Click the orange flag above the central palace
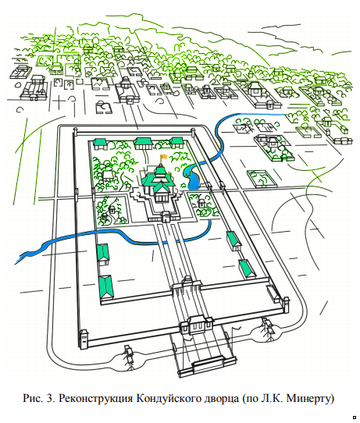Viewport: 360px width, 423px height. (x=164, y=156)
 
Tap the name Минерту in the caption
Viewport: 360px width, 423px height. (x=310, y=399)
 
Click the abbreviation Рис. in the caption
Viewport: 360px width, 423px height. (x=33, y=399)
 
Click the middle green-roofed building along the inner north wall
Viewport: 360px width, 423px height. (x=144, y=143)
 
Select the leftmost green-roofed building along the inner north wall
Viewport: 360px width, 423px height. (x=100, y=144)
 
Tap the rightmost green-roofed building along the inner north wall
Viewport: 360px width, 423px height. (x=176, y=143)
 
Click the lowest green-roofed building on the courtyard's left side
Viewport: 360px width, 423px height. (x=106, y=287)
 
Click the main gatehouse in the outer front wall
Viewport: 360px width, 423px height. (x=196, y=325)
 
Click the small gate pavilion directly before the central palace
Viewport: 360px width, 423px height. (x=166, y=216)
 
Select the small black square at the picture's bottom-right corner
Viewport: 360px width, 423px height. (x=355, y=418)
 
